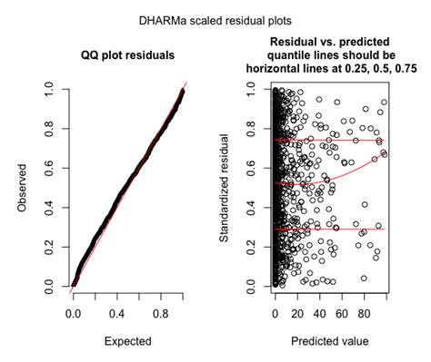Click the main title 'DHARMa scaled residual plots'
[x=215, y=18]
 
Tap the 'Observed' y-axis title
[x=20, y=189]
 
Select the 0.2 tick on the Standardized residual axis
[x=256, y=247]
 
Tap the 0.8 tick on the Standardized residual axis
[x=256, y=129]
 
